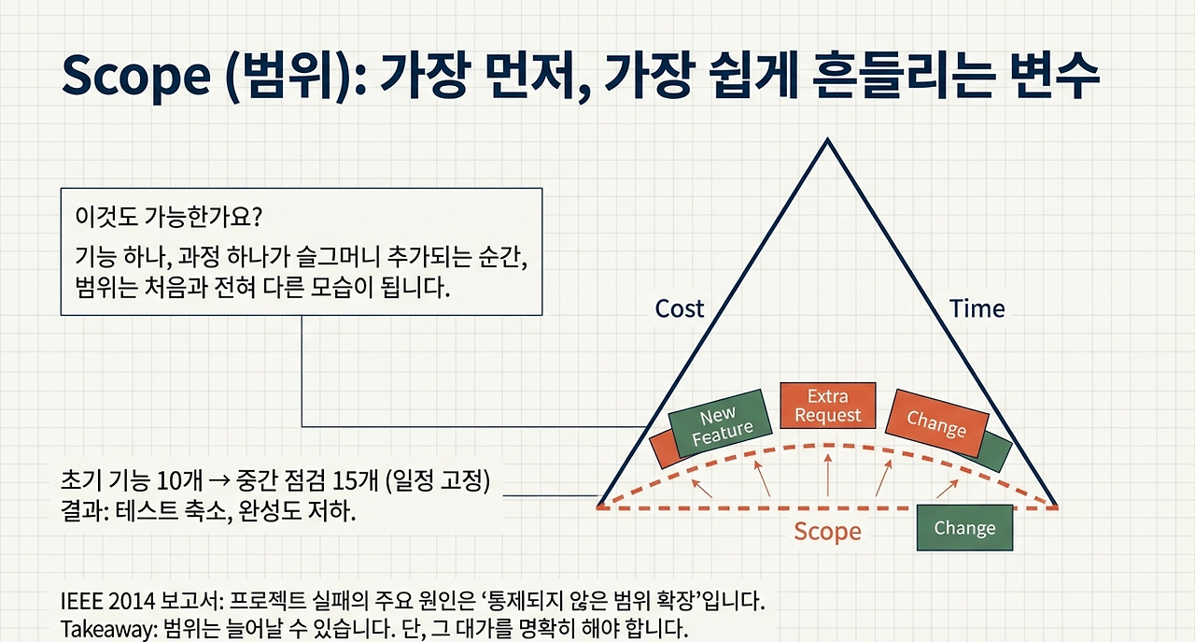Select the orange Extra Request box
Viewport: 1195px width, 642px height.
(827, 406)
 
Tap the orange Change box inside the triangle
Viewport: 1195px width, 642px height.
(936, 423)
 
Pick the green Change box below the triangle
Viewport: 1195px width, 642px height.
(964, 528)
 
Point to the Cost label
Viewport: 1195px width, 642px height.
(680, 308)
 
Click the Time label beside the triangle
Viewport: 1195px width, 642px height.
(977, 308)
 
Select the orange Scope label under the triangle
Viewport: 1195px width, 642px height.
(827, 532)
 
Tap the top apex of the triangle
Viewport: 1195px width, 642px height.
(826, 141)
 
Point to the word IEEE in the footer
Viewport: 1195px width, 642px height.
(80, 599)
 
